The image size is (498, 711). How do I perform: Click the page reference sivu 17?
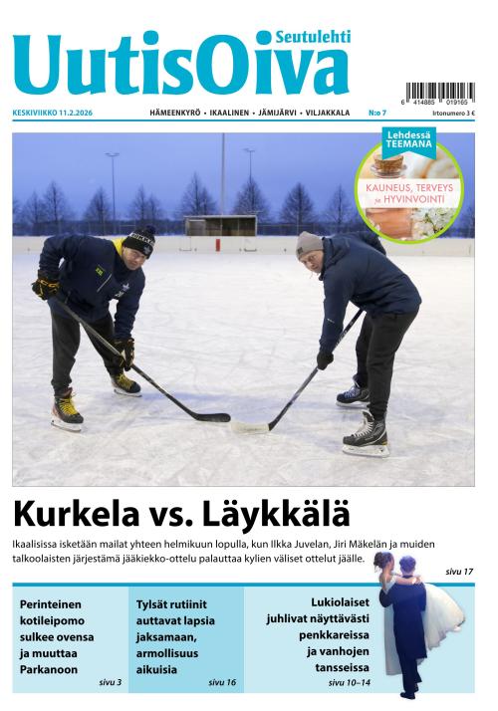point(459,571)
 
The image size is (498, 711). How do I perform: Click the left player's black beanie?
point(139,240)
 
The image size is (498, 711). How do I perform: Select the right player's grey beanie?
point(309,243)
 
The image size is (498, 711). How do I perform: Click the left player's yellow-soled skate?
point(67,411)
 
